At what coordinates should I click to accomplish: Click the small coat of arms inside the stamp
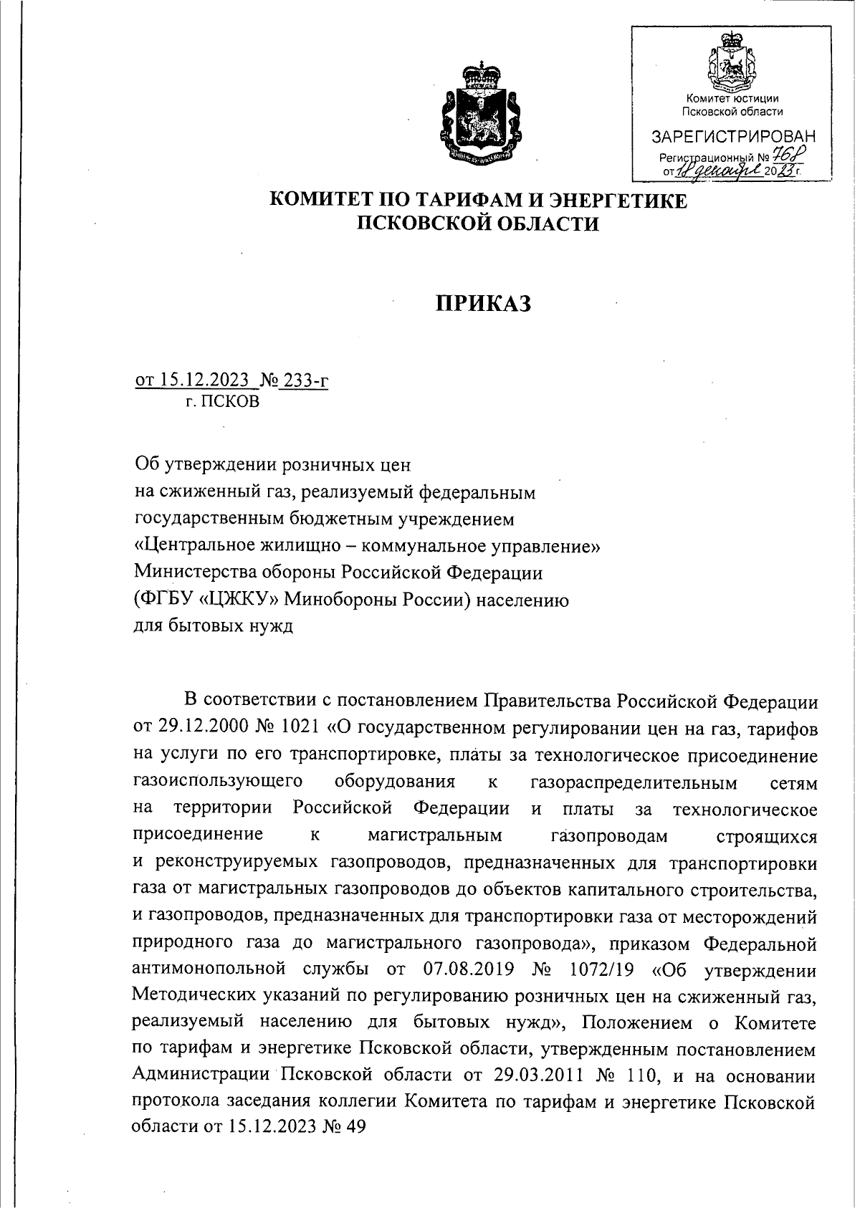(730, 62)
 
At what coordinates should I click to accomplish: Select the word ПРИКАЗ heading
(484, 304)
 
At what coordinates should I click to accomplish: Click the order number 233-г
(306, 380)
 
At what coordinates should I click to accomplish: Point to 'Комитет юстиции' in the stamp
(732, 98)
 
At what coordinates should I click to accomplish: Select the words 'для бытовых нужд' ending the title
(214, 625)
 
